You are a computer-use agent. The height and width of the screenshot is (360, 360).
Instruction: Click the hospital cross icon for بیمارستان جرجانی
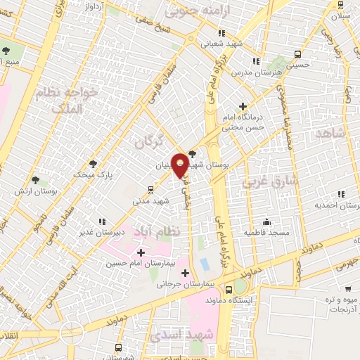(x=186, y=273)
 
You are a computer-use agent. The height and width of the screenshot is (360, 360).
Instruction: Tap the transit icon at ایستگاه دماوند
(x=229, y=289)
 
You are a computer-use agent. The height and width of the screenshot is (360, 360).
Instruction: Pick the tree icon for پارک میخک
(x=94, y=162)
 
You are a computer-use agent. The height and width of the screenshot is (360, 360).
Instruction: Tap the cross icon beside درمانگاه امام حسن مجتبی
(x=243, y=106)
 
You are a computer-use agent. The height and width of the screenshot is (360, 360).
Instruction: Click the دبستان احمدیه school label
(x=331, y=205)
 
